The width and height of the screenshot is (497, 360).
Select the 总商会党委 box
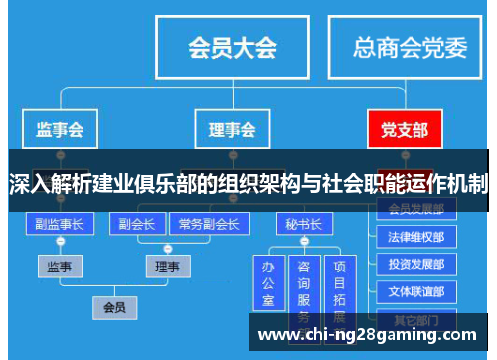click(x=412, y=47)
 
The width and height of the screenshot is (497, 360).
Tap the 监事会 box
click(x=60, y=129)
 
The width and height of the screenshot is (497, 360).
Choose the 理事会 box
click(x=232, y=129)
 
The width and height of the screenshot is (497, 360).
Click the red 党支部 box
click(x=404, y=129)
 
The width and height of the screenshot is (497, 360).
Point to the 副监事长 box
click(x=60, y=223)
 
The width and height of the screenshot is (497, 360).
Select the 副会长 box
click(x=135, y=223)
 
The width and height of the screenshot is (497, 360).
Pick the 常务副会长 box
click(x=208, y=223)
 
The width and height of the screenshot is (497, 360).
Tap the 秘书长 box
click(x=303, y=223)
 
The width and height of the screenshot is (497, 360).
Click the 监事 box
click(x=60, y=267)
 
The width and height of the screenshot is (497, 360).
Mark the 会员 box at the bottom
click(x=114, y=308)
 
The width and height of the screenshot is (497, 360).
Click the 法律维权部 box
click(x=415, y=237)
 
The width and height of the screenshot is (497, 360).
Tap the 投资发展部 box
click(x=415, y=265)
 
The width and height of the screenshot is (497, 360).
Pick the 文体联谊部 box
click(x=415, y=292)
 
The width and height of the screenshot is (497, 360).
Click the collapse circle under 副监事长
click(x=60, y=243)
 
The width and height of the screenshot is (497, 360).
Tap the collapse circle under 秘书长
click(x=303, y=242)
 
